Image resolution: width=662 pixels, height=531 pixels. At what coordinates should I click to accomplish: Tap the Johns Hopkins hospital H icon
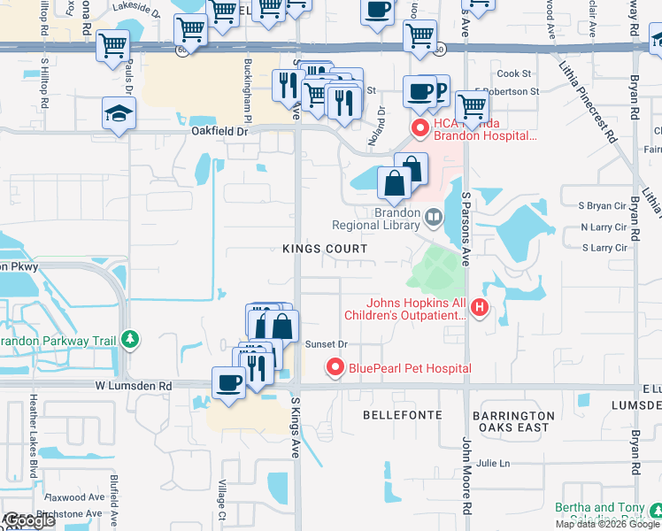tap(480, 308)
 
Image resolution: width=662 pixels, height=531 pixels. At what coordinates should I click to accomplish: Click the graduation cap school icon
tap(117, 113)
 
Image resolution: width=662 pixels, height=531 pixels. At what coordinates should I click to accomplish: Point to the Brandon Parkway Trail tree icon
tap(130, 339)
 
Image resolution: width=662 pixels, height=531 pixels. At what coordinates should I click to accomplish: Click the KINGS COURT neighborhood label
tap(324, 250)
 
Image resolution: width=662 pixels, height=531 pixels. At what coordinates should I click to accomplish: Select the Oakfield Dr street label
tap(222, 130)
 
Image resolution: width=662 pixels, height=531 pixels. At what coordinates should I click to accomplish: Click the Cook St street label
tap(513, 74)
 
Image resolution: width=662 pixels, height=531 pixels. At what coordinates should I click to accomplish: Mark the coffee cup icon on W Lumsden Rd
tap(229, 382)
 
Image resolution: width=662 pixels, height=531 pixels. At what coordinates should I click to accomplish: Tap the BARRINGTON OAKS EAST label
tap(513, 421)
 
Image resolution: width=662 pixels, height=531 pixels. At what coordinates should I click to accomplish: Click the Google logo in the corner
tap(30, 519)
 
